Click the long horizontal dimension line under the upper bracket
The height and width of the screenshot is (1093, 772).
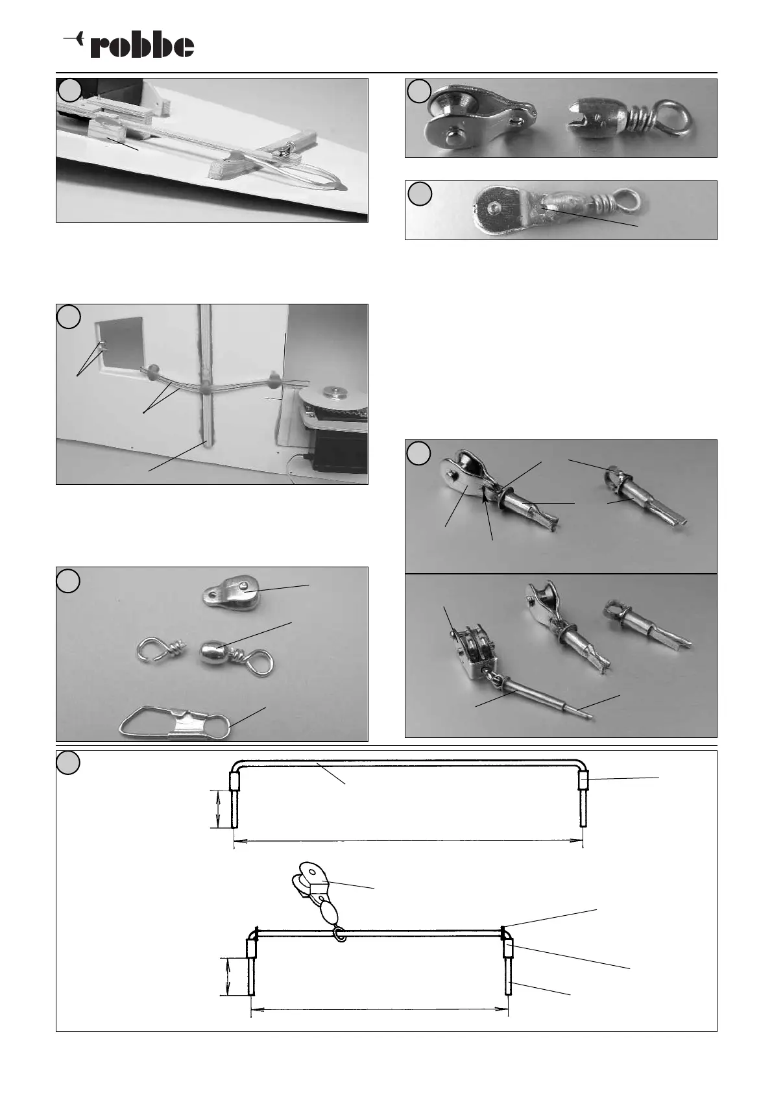pyautogui.click(x=408, y=841)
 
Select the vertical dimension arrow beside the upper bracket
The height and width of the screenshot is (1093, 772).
pyautogui.click(x=218, y=809)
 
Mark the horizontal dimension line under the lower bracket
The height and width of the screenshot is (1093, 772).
pyautogui.click(x=379, y=1009)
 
